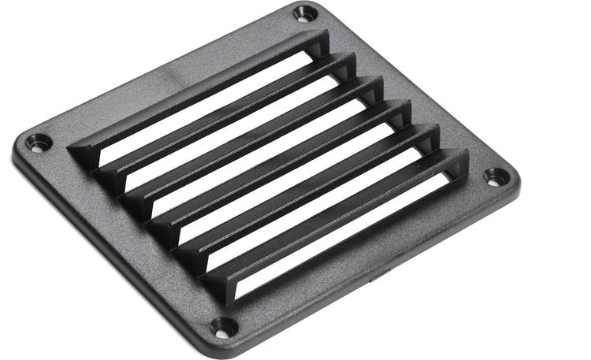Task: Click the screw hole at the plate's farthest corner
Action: click(303, 13)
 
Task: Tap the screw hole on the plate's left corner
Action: click(37, 143)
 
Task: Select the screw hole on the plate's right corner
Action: click(494, 176)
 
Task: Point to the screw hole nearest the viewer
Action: click(223, 326)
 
